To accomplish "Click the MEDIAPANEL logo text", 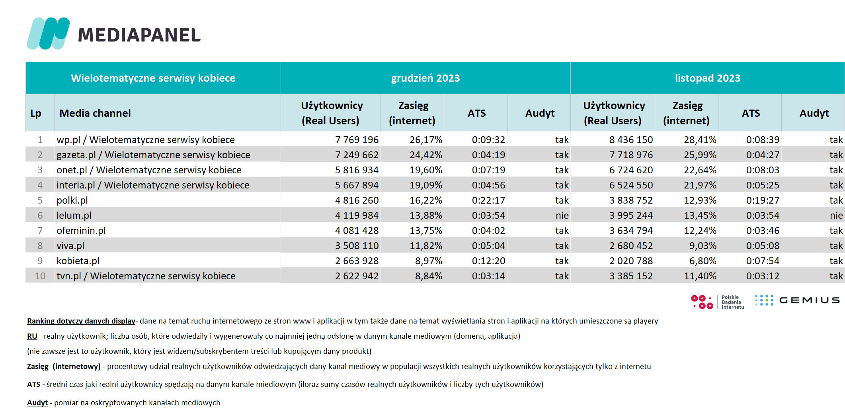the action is tap(139, 35).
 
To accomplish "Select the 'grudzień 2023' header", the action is tap(425, 78).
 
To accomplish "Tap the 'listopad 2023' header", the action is tap(708, 78).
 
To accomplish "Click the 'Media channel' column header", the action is tap(95, 113).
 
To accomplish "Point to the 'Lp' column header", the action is tap(36, 114).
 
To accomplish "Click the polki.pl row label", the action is tap(72, 200).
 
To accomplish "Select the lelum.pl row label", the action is tap(74, 215).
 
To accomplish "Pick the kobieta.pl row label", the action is tap(78, 261).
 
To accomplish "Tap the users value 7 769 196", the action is tap(357, 140).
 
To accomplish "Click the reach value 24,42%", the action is tap(426, 155).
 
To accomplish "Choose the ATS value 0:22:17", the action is tap(488, 200).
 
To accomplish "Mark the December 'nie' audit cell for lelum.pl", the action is tap(562, 216).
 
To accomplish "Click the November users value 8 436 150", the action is tap(631, 140).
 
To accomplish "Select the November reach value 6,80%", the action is tap(703, 261).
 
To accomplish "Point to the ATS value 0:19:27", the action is tap(763, 200).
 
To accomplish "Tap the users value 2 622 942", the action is tap(357, 276).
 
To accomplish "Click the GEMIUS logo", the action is tap(797, 300).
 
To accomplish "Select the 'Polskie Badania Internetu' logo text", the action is tap(733, 302).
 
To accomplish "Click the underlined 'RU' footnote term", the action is tap(32, 336).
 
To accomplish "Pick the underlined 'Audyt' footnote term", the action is tap(37, 403).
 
